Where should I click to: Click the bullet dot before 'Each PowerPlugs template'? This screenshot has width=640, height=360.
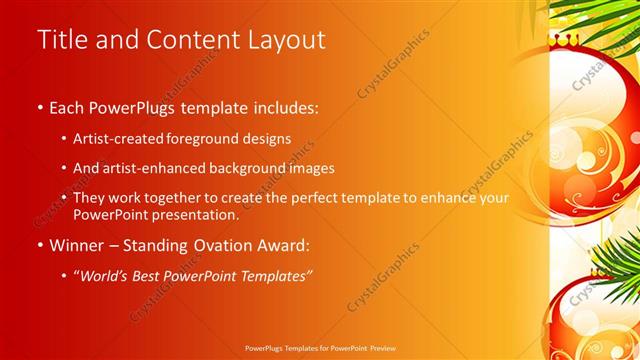click(x=39, y=108)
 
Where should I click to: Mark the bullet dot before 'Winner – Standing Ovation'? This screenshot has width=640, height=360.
click(x=39, y=246)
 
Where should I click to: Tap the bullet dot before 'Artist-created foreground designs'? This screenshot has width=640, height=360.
click(x=65, y=138)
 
